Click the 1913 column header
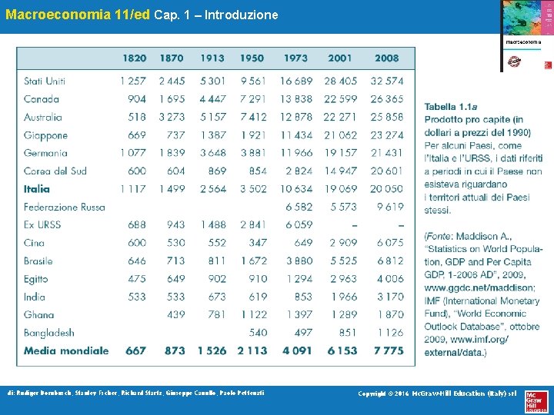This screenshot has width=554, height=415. (212, 58)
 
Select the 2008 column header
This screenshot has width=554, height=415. (386, 58)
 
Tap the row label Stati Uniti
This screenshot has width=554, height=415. (45, 81)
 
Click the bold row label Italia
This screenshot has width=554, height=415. (36, 188)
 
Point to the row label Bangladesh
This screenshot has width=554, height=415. (48, 332)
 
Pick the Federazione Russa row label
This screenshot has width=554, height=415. (64, 207)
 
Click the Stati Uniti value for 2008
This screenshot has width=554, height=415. (386, 81)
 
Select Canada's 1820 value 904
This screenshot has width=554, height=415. (137, 98)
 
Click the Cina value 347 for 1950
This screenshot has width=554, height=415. (257, 242)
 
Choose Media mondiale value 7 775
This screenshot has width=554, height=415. (388, 350)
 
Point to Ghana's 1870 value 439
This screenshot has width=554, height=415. (175, 314)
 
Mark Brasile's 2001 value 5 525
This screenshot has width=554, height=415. (343, 261)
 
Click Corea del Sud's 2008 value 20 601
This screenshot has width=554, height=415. (386, 171)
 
